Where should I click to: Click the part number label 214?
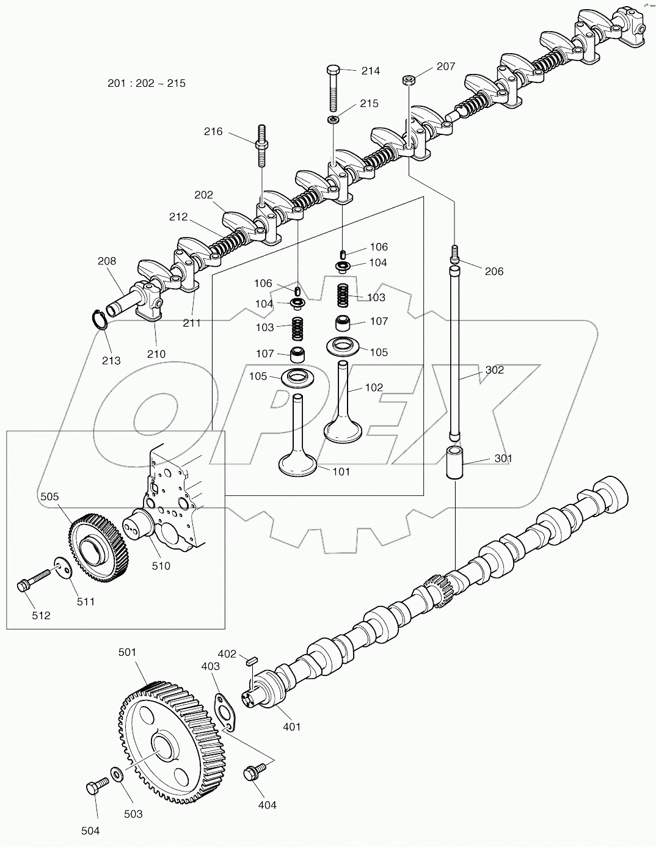(370, 71)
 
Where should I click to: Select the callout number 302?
(495, 370)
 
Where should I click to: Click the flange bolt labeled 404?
(250, 772)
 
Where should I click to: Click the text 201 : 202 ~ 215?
(147, 83)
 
